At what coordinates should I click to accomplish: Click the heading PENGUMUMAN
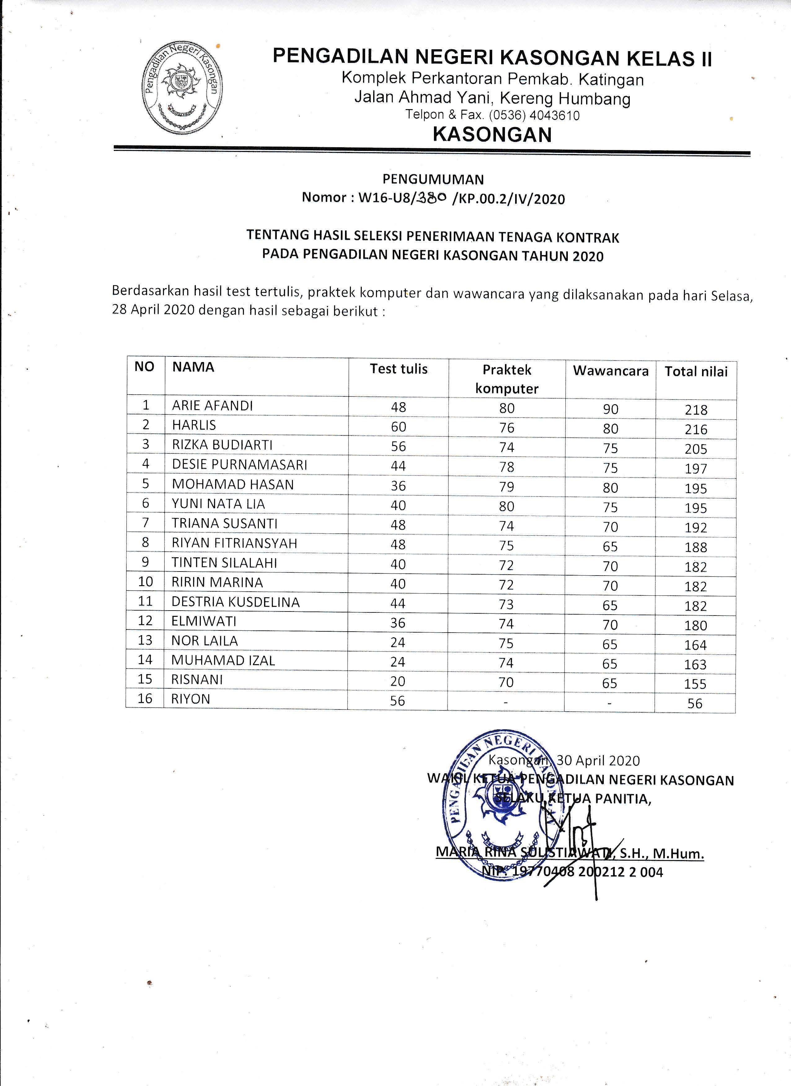[433, 179]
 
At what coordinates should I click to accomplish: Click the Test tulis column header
[398, 369]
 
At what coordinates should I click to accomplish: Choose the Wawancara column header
[611, 371]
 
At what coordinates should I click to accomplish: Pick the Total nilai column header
[696, 372]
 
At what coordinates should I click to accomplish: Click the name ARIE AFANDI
[212, 406]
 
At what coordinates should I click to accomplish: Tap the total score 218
[696, 410]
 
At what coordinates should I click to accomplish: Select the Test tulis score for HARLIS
[398, 427]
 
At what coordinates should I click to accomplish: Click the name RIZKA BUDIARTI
[222, 445]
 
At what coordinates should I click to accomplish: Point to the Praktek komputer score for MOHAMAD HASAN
[506, 487]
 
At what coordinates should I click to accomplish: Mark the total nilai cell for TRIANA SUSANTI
[696, 528]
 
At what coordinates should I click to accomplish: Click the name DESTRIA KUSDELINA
[236, 602]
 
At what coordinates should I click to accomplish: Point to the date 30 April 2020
[598, 760]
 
